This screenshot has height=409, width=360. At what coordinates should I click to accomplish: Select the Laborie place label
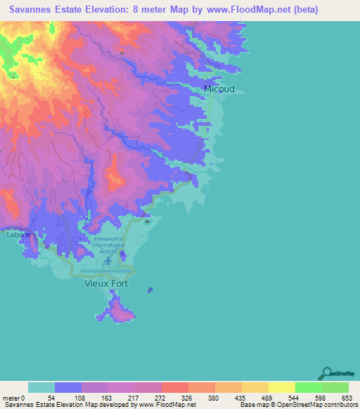point(18,235)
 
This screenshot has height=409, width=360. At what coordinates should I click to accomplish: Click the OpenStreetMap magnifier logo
point(326,372)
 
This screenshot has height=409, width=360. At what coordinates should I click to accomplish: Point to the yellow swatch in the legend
point(281,387)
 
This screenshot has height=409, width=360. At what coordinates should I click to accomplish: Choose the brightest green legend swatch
point(308,387)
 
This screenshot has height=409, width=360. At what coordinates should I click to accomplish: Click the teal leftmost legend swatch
point(41,387)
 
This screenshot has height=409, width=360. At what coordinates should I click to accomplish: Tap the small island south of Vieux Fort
point(121,309)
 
